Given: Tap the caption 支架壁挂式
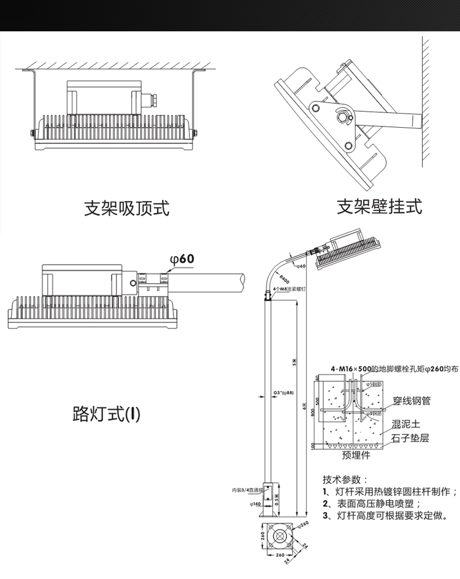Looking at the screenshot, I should (x=380, y=206).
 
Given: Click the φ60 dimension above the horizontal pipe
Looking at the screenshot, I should (x=182, y=260).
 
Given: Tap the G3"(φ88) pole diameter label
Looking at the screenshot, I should (x=282, y=392).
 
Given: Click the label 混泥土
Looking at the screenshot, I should (x=405, y=424).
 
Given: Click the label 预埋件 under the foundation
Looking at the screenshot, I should (x=356, y=456).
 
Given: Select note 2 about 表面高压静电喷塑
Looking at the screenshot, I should (x=371, y=503).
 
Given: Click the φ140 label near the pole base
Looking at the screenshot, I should (x=255, y=503).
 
